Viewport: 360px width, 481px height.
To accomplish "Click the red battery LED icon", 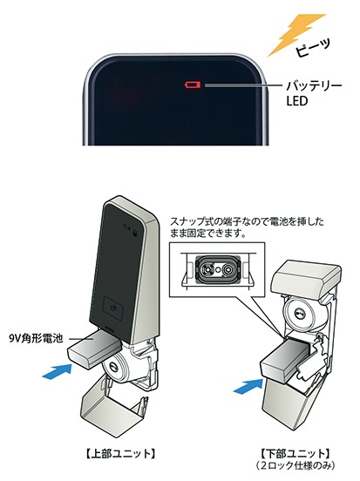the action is (193, 85).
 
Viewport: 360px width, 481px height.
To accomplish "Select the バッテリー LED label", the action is (314, 93).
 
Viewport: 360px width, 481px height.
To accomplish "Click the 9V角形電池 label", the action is (37, 338).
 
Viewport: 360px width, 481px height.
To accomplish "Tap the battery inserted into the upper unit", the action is (93, 348).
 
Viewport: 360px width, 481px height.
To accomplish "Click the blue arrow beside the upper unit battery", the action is (58, 371).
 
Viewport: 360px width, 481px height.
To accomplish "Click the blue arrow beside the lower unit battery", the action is (248, 386).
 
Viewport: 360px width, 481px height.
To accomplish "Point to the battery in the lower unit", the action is (285, 360).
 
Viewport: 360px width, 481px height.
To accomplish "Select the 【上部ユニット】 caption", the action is (119, 454).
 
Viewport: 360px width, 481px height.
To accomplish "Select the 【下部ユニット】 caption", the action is (295, 453).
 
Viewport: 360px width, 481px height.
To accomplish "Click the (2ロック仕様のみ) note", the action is (295, 465).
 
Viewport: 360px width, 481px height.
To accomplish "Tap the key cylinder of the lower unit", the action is (300, 314).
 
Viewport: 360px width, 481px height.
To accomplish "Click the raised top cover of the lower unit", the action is (306, 278).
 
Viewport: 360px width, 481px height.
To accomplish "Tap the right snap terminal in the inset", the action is (228, 269).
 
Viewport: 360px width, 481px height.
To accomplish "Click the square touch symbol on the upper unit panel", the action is (113, 307).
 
